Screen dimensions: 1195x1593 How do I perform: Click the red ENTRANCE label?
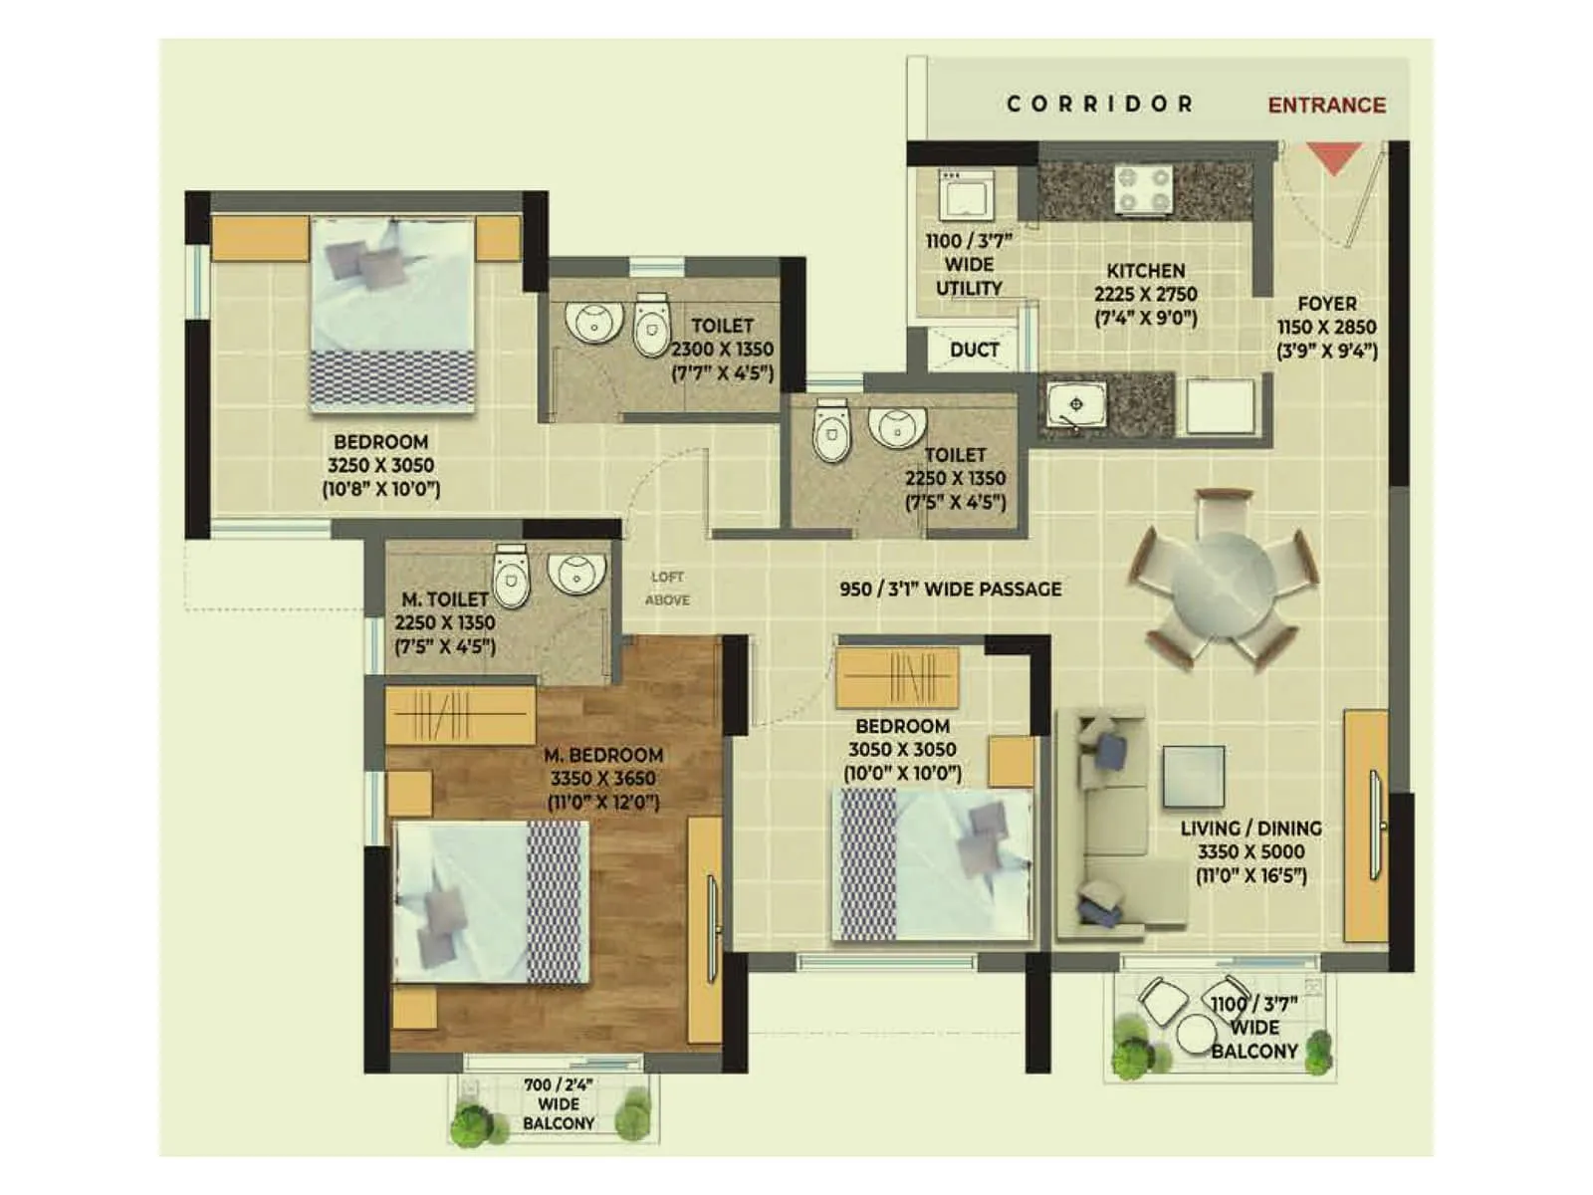coord(1326,106)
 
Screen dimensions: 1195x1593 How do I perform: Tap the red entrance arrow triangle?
coord(1333,157)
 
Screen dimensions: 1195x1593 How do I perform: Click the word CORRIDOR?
coord(1099,104)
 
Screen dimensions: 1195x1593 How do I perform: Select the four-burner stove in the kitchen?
coord(1143,189)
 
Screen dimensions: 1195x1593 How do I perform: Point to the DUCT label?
coord(974,350)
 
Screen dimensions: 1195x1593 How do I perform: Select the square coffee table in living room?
coord(1193,776)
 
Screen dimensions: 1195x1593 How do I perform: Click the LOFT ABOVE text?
coord(667,589)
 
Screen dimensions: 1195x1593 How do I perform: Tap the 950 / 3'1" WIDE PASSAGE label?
coord(950,589)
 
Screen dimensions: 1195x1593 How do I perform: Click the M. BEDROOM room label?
coord(603,755)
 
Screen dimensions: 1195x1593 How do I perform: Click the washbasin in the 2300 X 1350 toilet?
coord(593,321)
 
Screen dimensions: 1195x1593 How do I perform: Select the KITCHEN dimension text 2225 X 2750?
coord(1145,294)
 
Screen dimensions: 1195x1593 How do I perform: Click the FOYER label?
coord(1326,304)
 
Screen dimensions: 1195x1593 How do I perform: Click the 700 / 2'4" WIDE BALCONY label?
coord(558,1103)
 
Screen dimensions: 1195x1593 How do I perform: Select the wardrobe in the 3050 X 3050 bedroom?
coord(897,677)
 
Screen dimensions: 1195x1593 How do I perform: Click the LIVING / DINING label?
coord(1251,829)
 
